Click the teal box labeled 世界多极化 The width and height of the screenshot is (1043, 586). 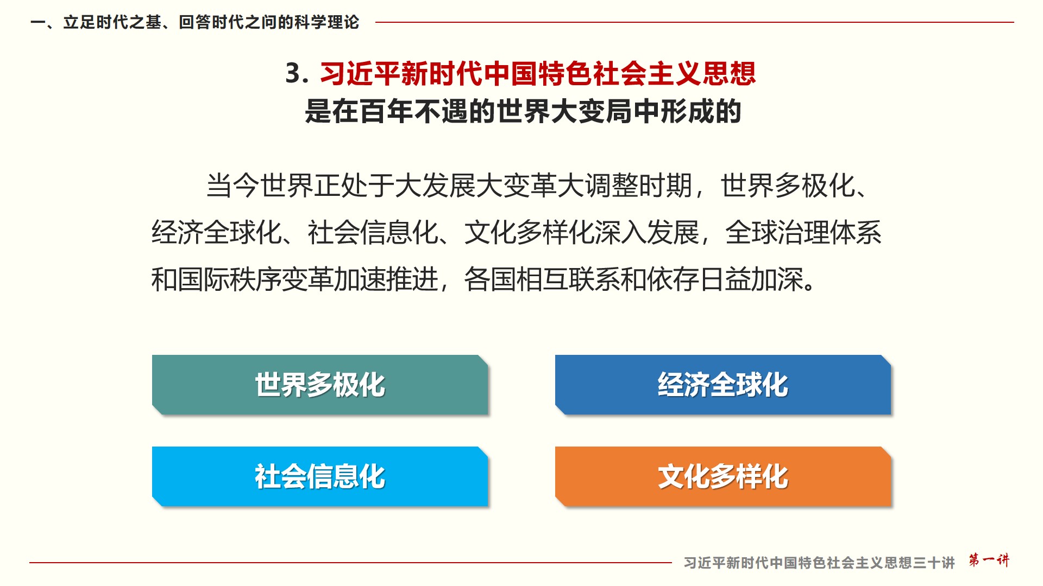coord(320,385)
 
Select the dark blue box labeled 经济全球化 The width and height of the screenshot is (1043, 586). coord(723,385)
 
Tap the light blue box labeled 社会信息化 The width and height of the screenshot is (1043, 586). coord(320,476)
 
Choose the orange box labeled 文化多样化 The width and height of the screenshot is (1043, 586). coord(723,476)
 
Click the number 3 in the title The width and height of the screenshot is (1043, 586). coord(293,73)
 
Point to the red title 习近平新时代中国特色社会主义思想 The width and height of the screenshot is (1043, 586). coord(538,73)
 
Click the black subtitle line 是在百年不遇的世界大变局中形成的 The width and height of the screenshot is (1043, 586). coord(523,111)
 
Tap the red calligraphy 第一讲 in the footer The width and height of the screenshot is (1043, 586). coord(989,560)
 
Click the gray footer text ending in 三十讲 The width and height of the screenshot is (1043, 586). coord(819,563)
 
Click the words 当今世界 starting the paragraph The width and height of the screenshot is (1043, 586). coord(260,186)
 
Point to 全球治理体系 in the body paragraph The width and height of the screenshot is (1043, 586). coord(803,232)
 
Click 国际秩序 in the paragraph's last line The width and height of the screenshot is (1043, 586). coord(230,279)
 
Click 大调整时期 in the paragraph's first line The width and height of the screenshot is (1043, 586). coord(625,186)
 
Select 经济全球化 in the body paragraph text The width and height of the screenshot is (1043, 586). coord(216,232)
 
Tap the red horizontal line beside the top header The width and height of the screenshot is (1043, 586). coord(695,22)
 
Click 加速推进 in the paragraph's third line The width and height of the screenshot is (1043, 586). coord(386,279)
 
